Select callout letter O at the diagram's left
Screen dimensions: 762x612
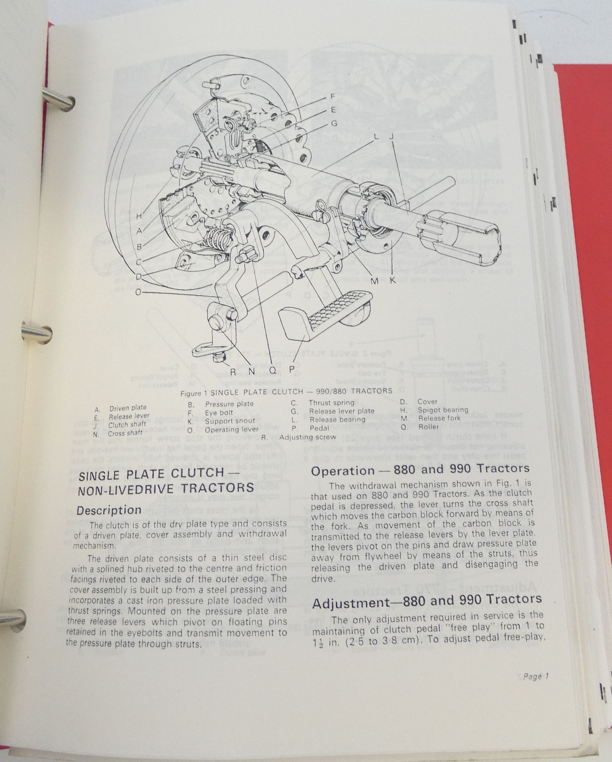139,292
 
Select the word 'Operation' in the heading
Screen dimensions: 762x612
342,471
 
